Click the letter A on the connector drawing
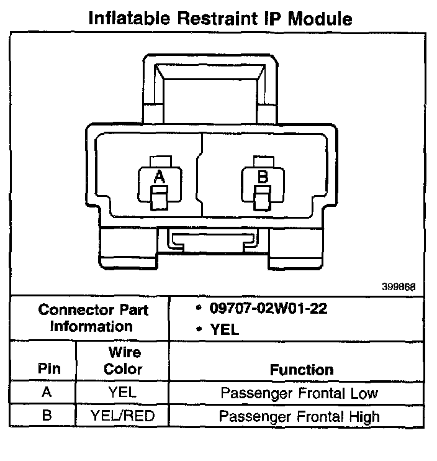[x=160, y=177]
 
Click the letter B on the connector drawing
[x=263, y=177]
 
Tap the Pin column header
[x=49, y=368]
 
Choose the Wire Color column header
[x=122, y=361]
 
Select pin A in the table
[x=47, y=393]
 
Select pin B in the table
[x=47, y=415]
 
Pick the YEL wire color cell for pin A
[x=122, y=393]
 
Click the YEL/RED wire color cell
[x=122, y=416]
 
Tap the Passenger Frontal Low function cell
[x=299, y=393]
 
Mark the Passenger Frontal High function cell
[x=299, y=416]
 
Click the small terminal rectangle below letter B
[x=263, y=200]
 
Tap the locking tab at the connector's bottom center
[x=212, y=240]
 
